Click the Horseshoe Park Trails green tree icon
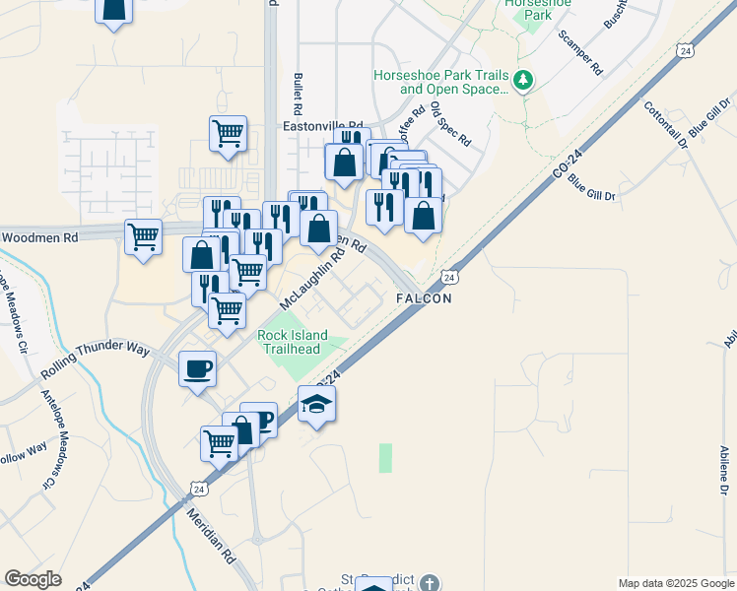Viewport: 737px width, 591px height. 523,81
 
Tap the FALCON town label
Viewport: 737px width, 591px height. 424,298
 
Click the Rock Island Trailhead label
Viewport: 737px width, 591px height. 293,343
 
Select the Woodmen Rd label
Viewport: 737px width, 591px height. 39,237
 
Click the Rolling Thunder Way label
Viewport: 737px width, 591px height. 95,362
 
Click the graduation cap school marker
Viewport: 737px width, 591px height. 317,404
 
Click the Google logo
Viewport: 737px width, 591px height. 33,579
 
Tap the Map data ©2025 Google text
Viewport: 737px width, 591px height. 675,583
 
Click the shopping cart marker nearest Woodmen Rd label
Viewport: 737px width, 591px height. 144,236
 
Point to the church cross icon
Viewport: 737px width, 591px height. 429,583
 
